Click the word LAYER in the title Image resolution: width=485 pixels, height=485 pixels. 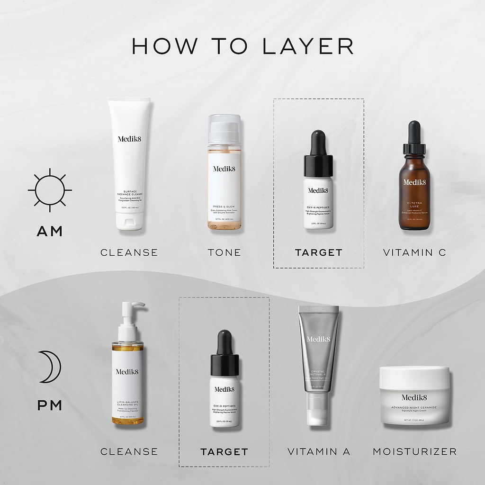point(307,46)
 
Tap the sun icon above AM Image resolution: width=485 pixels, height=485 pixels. point(50,190)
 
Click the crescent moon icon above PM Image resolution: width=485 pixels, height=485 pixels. point(49,367)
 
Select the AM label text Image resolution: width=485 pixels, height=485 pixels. point(50,231)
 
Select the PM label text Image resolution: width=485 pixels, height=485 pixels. point(50,406)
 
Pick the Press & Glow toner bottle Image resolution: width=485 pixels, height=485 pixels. point(224,173)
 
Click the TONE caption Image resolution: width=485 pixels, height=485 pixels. point(224,253)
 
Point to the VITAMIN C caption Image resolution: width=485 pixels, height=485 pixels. point(414,253)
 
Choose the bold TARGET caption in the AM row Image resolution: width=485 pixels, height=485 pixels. point(318,253)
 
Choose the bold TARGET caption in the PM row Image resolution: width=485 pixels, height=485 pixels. point(224,452)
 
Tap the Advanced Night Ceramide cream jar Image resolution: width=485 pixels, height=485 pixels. point(414,395)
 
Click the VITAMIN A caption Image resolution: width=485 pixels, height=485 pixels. point(319,452)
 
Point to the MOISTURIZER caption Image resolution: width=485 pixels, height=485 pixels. point(414,452)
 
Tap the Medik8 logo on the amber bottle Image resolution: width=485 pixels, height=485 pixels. point(414,182)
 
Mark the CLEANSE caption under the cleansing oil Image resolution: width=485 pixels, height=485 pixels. point(129,452)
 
